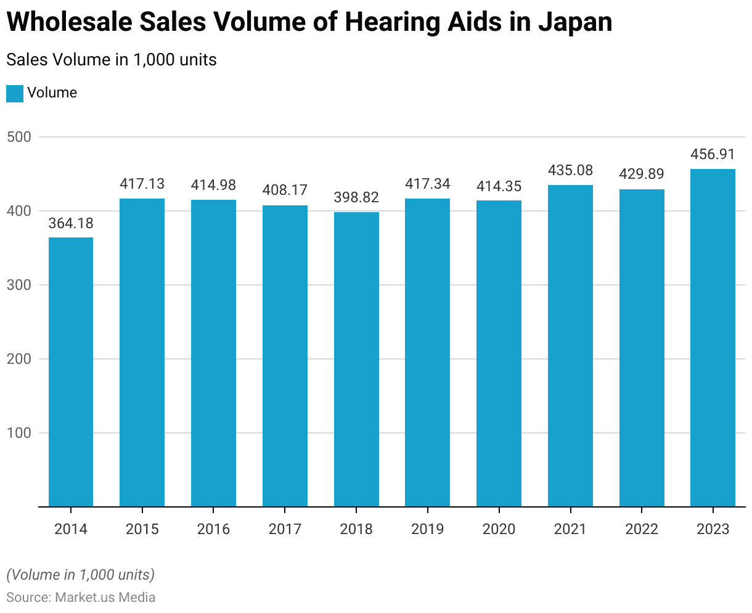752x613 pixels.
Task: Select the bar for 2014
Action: point(71,372)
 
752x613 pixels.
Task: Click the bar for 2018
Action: point(356,360)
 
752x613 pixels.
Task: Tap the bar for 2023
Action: point(713,338)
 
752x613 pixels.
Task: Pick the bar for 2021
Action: point(570,346)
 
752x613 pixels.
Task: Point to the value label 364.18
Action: point(71,223)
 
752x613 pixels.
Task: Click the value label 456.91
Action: point(713,154)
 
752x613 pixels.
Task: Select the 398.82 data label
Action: point(356,198)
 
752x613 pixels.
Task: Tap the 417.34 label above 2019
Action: point(428,184)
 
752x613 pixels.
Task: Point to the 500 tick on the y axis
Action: point(19,137)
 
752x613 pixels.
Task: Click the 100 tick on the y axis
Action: point(19,433)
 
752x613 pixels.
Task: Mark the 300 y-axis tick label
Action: point(19,285)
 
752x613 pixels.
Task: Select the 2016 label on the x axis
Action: point(213,529)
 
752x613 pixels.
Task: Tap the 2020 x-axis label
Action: point(499,529)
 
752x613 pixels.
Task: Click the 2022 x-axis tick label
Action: point(642,529)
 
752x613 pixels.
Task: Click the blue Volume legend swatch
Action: point(15,93)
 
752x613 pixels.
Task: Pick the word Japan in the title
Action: point(574,23)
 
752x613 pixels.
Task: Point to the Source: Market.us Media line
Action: point(81,598)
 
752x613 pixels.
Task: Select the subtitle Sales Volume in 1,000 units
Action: point(112,60)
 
